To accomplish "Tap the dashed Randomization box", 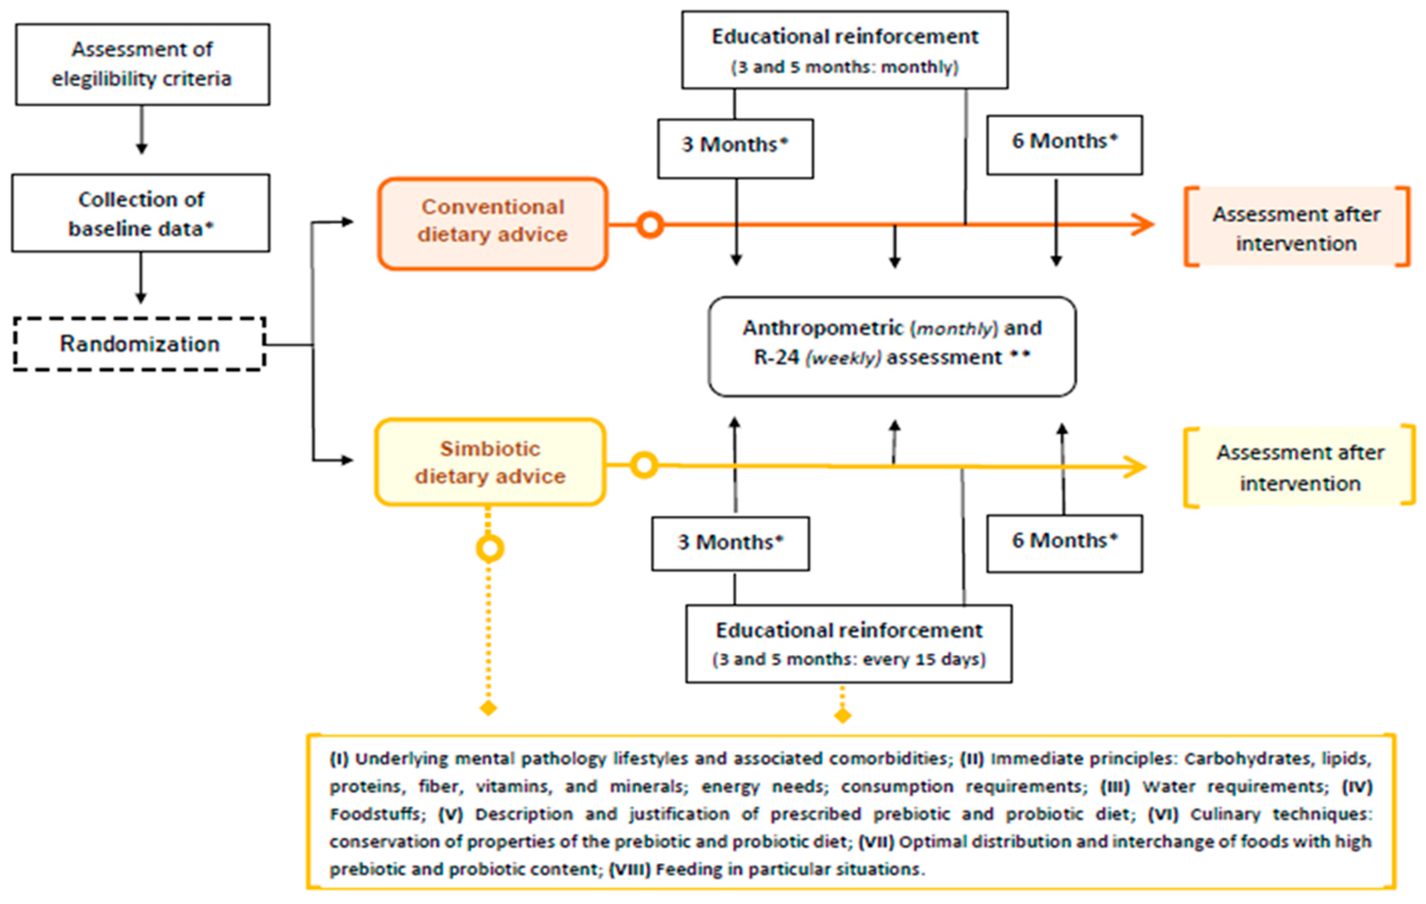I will click(140, 344).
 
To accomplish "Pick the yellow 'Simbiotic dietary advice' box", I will click(490, 462).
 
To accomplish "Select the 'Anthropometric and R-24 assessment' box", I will click(892, 345).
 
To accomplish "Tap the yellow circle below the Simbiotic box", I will click(490, 548).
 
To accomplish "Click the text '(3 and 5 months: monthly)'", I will click(845, 67).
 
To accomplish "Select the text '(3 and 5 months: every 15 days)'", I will click(849, 659).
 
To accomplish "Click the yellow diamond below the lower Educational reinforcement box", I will click(842, 716).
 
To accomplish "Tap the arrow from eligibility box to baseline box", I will click(141, 130).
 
